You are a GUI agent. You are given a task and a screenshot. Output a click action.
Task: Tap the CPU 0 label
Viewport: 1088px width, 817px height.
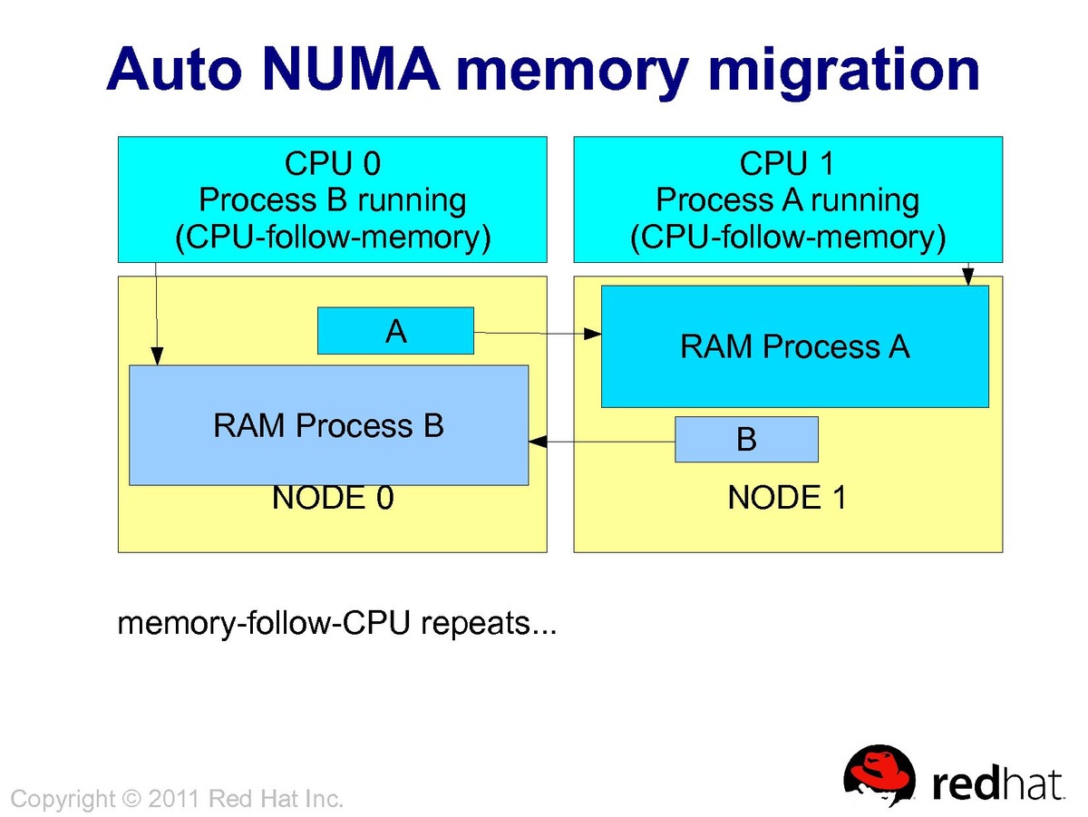tap(333, 163)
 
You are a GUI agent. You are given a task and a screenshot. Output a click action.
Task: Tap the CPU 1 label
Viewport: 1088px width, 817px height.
tap(787, 163)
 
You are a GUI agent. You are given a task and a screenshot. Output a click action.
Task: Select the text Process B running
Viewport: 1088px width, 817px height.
tap(333, 199)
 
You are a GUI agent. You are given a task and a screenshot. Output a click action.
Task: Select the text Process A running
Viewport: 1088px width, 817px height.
tap(787, 199)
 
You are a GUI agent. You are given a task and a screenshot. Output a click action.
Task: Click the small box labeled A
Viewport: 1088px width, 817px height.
tap(395, 331)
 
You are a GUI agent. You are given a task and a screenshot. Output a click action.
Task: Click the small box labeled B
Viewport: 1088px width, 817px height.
tap(746, 440)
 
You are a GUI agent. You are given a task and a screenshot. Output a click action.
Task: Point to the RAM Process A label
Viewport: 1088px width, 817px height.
tap(794, 346)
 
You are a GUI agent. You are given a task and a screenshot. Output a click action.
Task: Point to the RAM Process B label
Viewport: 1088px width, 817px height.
tap(328, 425)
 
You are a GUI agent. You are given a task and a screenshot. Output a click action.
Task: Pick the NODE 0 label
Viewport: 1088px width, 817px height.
tap(333, 498)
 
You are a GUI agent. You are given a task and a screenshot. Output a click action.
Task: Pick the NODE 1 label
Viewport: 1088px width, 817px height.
tap(787, 498)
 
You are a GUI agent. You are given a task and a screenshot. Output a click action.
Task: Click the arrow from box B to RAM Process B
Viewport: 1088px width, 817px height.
tap(602, 442)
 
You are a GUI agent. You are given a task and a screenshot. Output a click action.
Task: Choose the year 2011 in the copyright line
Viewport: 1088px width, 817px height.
tap(174, 799)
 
